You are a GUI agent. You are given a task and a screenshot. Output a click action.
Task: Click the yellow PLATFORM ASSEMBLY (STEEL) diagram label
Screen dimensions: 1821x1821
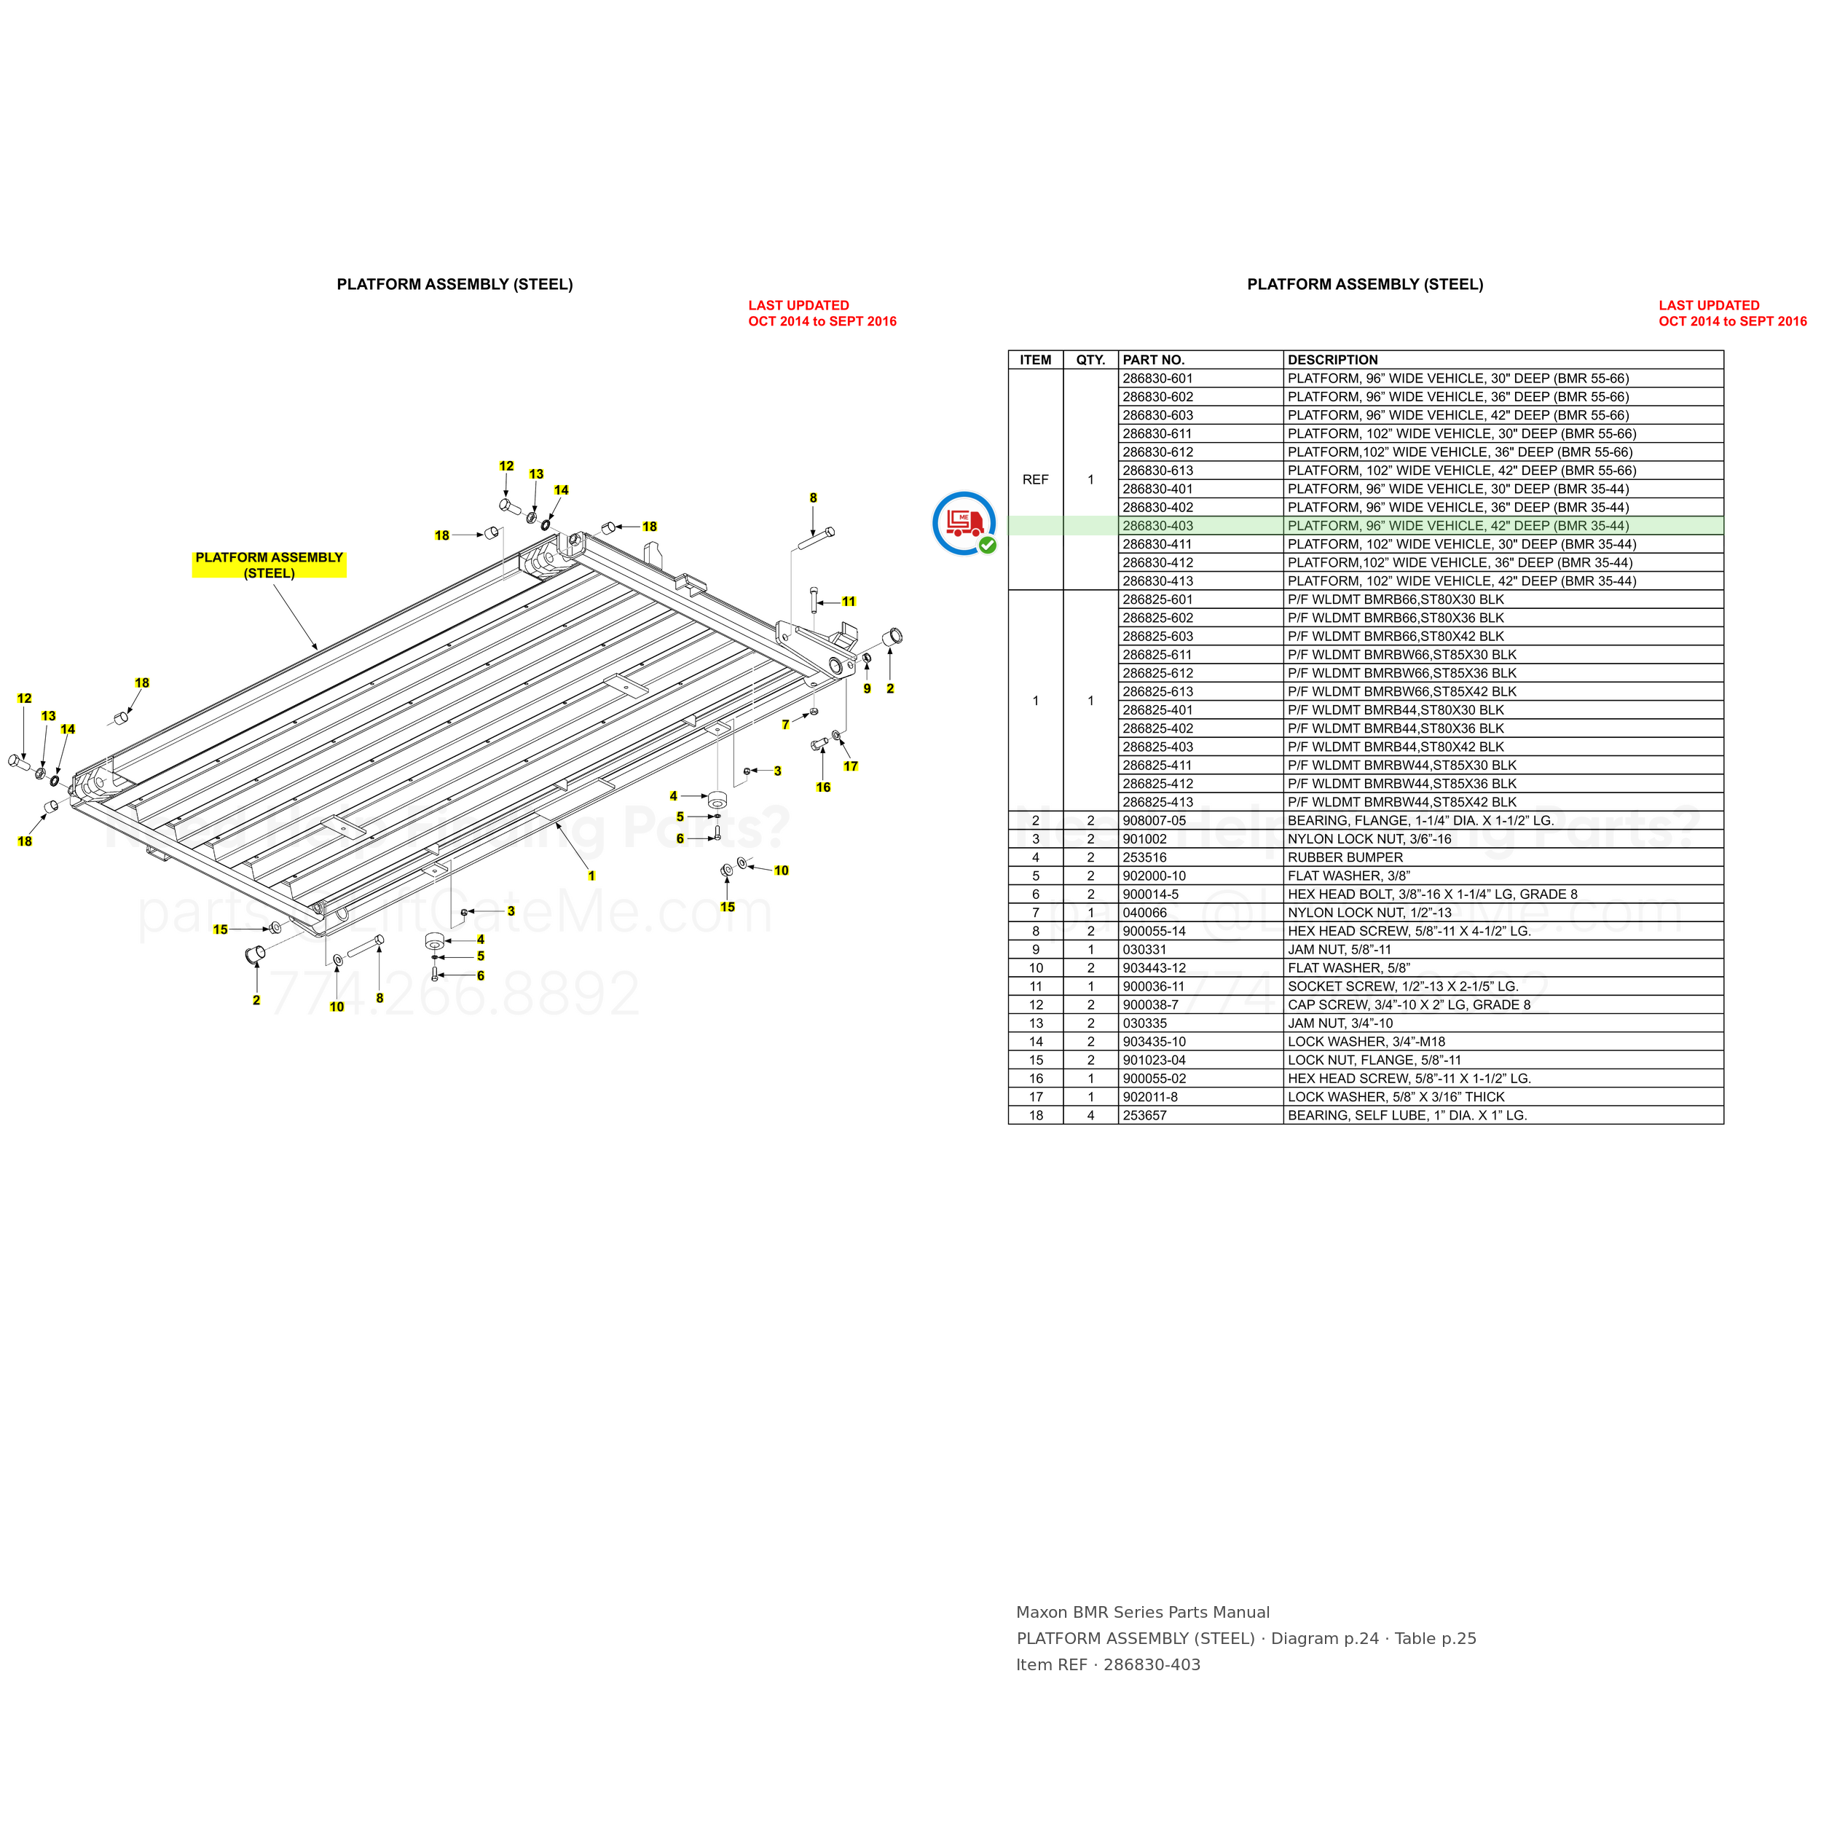point(270,565)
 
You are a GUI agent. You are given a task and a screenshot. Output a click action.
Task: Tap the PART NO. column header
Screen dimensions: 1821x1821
point(1153,360)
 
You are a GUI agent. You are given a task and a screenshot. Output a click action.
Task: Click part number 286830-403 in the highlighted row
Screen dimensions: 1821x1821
point(1157,526)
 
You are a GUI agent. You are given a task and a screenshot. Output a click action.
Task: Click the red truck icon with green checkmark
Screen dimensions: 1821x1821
point(964,523)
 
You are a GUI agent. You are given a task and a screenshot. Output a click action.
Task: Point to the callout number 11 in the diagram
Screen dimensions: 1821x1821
point(849,602)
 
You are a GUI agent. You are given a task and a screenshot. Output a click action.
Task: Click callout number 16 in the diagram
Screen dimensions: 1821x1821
point(823,787)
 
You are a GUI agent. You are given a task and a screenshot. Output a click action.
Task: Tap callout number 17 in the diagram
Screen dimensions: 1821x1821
point(851,766)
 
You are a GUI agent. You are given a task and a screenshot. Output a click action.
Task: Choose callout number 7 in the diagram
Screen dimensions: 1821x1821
point(785,725)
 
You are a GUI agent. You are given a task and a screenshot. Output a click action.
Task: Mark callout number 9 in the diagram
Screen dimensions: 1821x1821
point(867,688)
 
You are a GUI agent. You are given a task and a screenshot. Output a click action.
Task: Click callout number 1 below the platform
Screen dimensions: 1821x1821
point(592,876)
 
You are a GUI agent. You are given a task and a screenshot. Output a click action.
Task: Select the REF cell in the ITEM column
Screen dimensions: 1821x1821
point(1035,480)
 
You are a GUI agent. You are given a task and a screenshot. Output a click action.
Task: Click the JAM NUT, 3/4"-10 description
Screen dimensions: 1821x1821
point(1340,1023)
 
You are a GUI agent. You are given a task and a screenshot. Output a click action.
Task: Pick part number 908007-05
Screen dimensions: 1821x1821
point(1154,821)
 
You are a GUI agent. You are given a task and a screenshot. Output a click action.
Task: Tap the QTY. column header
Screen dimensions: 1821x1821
point(1090,360)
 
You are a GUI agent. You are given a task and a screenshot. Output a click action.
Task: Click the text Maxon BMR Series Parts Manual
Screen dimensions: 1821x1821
point(1142,1613)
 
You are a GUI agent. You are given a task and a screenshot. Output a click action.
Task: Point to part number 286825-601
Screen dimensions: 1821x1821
point(1157,599)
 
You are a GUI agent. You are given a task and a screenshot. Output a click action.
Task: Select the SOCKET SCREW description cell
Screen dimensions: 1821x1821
point(1402,987)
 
